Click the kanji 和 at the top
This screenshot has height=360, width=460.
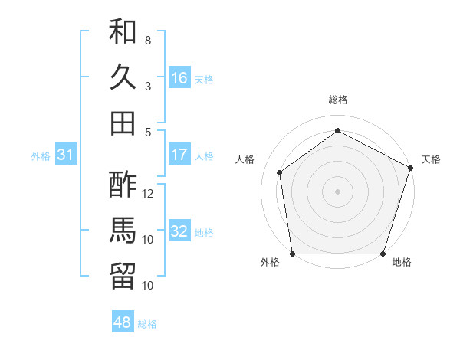pyautogui.click(x=123, y=31)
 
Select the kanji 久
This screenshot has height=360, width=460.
pyautogui.click(x=123, y=77)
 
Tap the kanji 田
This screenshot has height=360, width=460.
pyautogui.click(x=123, y=123)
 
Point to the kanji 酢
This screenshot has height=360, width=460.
pyautogui.click(x=123, y=184)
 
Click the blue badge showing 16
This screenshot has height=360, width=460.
pyautogui.click(x=179, y=78)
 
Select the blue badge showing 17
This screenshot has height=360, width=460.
pyautogui.click(x=179, y=155)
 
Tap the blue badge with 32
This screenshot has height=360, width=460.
pyautogui.click(x=179, y=231)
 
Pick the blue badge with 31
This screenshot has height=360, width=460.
pyautogui.click(x=66, y=155)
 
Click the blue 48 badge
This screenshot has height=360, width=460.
pyautogui.click(x=123, y=322)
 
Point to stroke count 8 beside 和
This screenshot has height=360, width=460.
pyautogui.click(x=148, y=40)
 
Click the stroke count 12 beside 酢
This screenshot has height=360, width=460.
pyautogui.click(x=149, y=193)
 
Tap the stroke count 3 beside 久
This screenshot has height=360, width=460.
pyautogui.click(x=148, y=86)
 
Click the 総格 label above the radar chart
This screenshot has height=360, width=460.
pyautogui.click(x=338, y=100)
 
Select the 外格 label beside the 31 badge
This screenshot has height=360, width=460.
pyautogui.click(x=41, y=156)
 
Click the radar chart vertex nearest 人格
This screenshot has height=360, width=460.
pyautogui.click(x=280, y=172)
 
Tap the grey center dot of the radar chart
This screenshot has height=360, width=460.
pyautogui.click(x=338, y=191)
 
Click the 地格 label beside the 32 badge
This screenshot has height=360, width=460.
pyautogui.click(x=205, y=232)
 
